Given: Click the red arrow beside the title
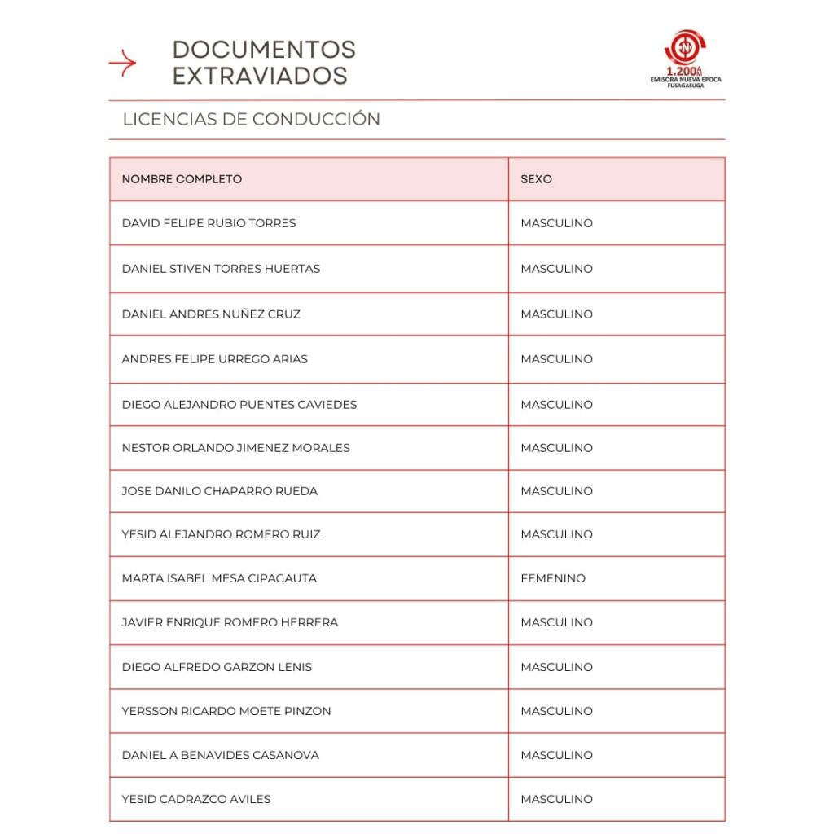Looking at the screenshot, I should pyautogui.click(x=122, y=63).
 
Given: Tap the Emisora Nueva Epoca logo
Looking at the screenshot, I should pyautogui.click(x=685, y=58).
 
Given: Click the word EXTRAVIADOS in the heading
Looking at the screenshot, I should pyautogui.click(x=260, y=76).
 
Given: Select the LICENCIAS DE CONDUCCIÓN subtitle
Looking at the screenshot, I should pyautogui.click(x=251, y=119).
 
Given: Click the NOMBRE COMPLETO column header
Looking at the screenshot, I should pyautogui.click(x=182, y=179).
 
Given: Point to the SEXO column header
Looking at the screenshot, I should pyautogui.click(x=536, y=179).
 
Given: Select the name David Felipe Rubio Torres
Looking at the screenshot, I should pyautogui.click(x=208, y=223).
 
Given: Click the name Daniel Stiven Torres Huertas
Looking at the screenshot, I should pyautogui.click(x=221, y=269).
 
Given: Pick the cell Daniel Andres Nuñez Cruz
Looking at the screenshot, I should pyautogui.click(x=211, y=314).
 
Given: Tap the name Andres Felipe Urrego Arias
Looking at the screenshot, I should pyautogui.click(x=214, y=359).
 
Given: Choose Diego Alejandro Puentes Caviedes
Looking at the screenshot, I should pyautogui.click(x=239, y=405).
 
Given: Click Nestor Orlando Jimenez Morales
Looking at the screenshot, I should pyautogui.click(x=235, y=448).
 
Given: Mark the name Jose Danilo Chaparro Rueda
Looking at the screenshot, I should pyautogui.click(x=219, y=491).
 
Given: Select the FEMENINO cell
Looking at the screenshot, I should pyautogui.click(x=553, y=578).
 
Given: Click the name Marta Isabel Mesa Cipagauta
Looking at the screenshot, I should pyautogui.click(x=219, y=578).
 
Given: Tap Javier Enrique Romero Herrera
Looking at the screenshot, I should pyautogui.click(x=230, y=622).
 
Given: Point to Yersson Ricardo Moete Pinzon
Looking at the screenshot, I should pyautogui.click(x=226, y=711).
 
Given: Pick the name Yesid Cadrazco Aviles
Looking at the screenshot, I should pyautogui.click(x=195, y=799).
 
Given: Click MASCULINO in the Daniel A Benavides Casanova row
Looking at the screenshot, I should pyautogui.click(x=556, y=755).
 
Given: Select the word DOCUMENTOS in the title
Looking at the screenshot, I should pyautogui.click(x=264, y=50).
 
